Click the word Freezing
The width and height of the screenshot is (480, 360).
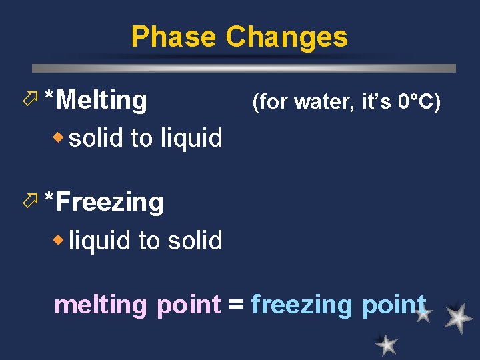click(x=110, y=202)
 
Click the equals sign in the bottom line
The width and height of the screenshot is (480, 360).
click(x=235, y=305)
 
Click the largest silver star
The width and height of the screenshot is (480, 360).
click(x=459, y=318)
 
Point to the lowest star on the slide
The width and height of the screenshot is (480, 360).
click(x=386, y=344)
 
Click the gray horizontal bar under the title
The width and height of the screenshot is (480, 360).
click(x=244, y=68)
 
